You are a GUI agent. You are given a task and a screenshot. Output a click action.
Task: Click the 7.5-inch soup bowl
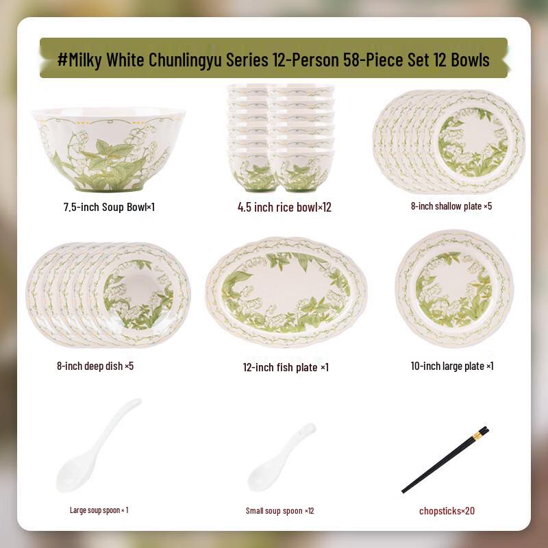click(108, 149)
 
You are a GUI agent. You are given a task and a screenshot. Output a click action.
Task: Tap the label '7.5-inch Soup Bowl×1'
click(109, 206)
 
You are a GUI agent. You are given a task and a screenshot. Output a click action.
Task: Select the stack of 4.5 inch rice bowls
click(281, 137)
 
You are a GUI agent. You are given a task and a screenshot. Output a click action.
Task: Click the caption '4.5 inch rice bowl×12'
click(284, 207)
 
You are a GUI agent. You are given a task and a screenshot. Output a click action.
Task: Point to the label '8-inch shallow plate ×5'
click(451, 206)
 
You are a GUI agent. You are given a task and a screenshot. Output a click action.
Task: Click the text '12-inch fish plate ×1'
click(286, 367)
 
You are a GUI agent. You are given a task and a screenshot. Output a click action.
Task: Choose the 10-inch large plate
click(453, 288)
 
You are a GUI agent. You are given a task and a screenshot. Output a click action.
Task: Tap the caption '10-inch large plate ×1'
click(452, 366)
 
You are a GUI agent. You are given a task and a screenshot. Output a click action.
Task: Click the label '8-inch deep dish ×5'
click(95, 366)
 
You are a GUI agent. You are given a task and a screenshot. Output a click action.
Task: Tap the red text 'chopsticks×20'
click(447, 510)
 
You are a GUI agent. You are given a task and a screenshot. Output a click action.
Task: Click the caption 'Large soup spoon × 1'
click(99, 510)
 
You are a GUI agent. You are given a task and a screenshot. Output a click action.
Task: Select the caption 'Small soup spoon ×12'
click(279, 510)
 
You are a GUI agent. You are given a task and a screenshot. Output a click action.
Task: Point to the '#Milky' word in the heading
click(81, 60)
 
